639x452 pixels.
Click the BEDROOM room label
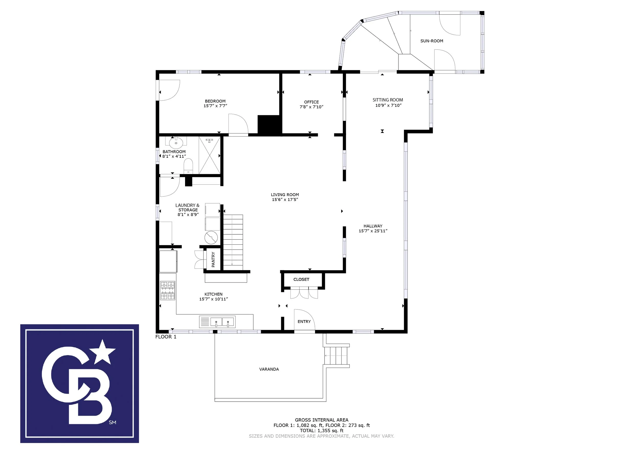point(215,101)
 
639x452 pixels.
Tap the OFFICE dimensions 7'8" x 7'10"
point(311,107)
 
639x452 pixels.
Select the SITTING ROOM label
point(388,100)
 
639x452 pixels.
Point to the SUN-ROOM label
point(432,41)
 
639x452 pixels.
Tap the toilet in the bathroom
point(188,166)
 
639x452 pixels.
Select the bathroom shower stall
point(210,155)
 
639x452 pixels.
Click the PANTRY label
point(213,259)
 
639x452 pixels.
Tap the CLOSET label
point(301,279)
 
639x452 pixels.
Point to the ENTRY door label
point(304,321)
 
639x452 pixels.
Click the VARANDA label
point(269,369)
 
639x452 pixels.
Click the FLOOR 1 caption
point(166,337)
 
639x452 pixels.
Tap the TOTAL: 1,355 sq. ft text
point(322,431)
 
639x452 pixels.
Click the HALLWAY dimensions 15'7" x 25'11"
point(373,231)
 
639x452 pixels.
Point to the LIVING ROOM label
point(285,195)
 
